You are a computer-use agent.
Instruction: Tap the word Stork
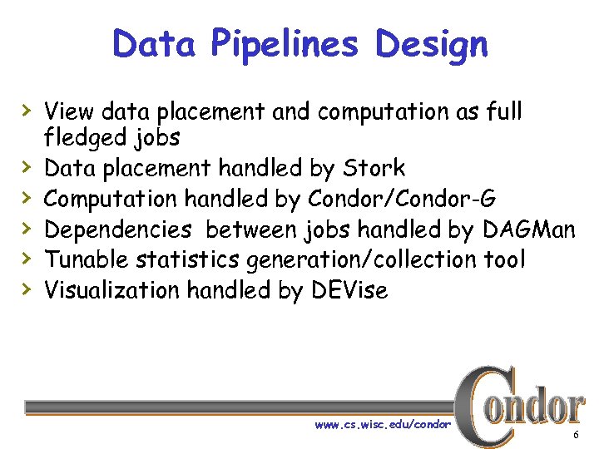coord(374,168)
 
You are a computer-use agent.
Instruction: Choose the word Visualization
coord(112,290)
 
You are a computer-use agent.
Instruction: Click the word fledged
coord(79,137)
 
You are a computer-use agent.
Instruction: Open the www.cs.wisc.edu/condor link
coord(382,424)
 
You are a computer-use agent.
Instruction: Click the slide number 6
coord(575,437)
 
